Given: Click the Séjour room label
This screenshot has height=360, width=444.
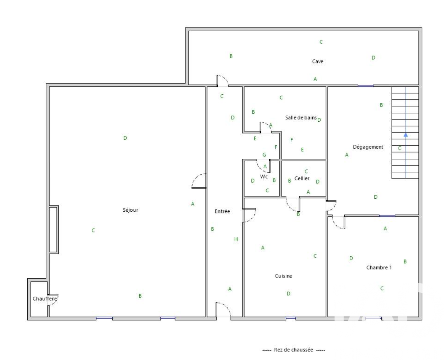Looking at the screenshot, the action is click(x=130, y=210).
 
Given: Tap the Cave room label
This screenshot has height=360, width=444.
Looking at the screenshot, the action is click(x=317, y=62).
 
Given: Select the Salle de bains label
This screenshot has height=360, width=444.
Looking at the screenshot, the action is click(x=301, y=118).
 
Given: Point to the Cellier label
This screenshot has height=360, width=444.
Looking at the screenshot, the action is click(x=302, y=179).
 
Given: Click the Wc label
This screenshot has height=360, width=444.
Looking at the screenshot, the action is click(x=264, y=177).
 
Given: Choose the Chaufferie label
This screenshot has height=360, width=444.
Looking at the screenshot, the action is click(x=45, y=299).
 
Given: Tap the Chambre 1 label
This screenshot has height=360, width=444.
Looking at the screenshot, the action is click(x=379, y=267).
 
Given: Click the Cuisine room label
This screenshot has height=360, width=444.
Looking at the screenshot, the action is click(x=284, y=276).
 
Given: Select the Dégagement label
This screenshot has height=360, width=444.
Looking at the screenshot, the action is click(x=368, y=147).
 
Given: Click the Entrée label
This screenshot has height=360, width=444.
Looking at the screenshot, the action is click(x=222, y=211).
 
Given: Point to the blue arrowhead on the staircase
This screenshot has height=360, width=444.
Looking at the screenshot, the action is click(x=406, y=135).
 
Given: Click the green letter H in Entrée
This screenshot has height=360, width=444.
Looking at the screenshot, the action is click(x=236, y=239).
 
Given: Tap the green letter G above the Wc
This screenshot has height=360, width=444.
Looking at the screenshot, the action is click(x=264, y=155).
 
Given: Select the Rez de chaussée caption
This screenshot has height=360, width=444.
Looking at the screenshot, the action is click(x=294, y=350).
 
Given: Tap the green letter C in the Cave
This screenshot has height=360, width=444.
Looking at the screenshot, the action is click(x=321, y=42).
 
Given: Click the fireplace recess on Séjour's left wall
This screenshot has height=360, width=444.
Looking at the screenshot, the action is click(x=53, y=229).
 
